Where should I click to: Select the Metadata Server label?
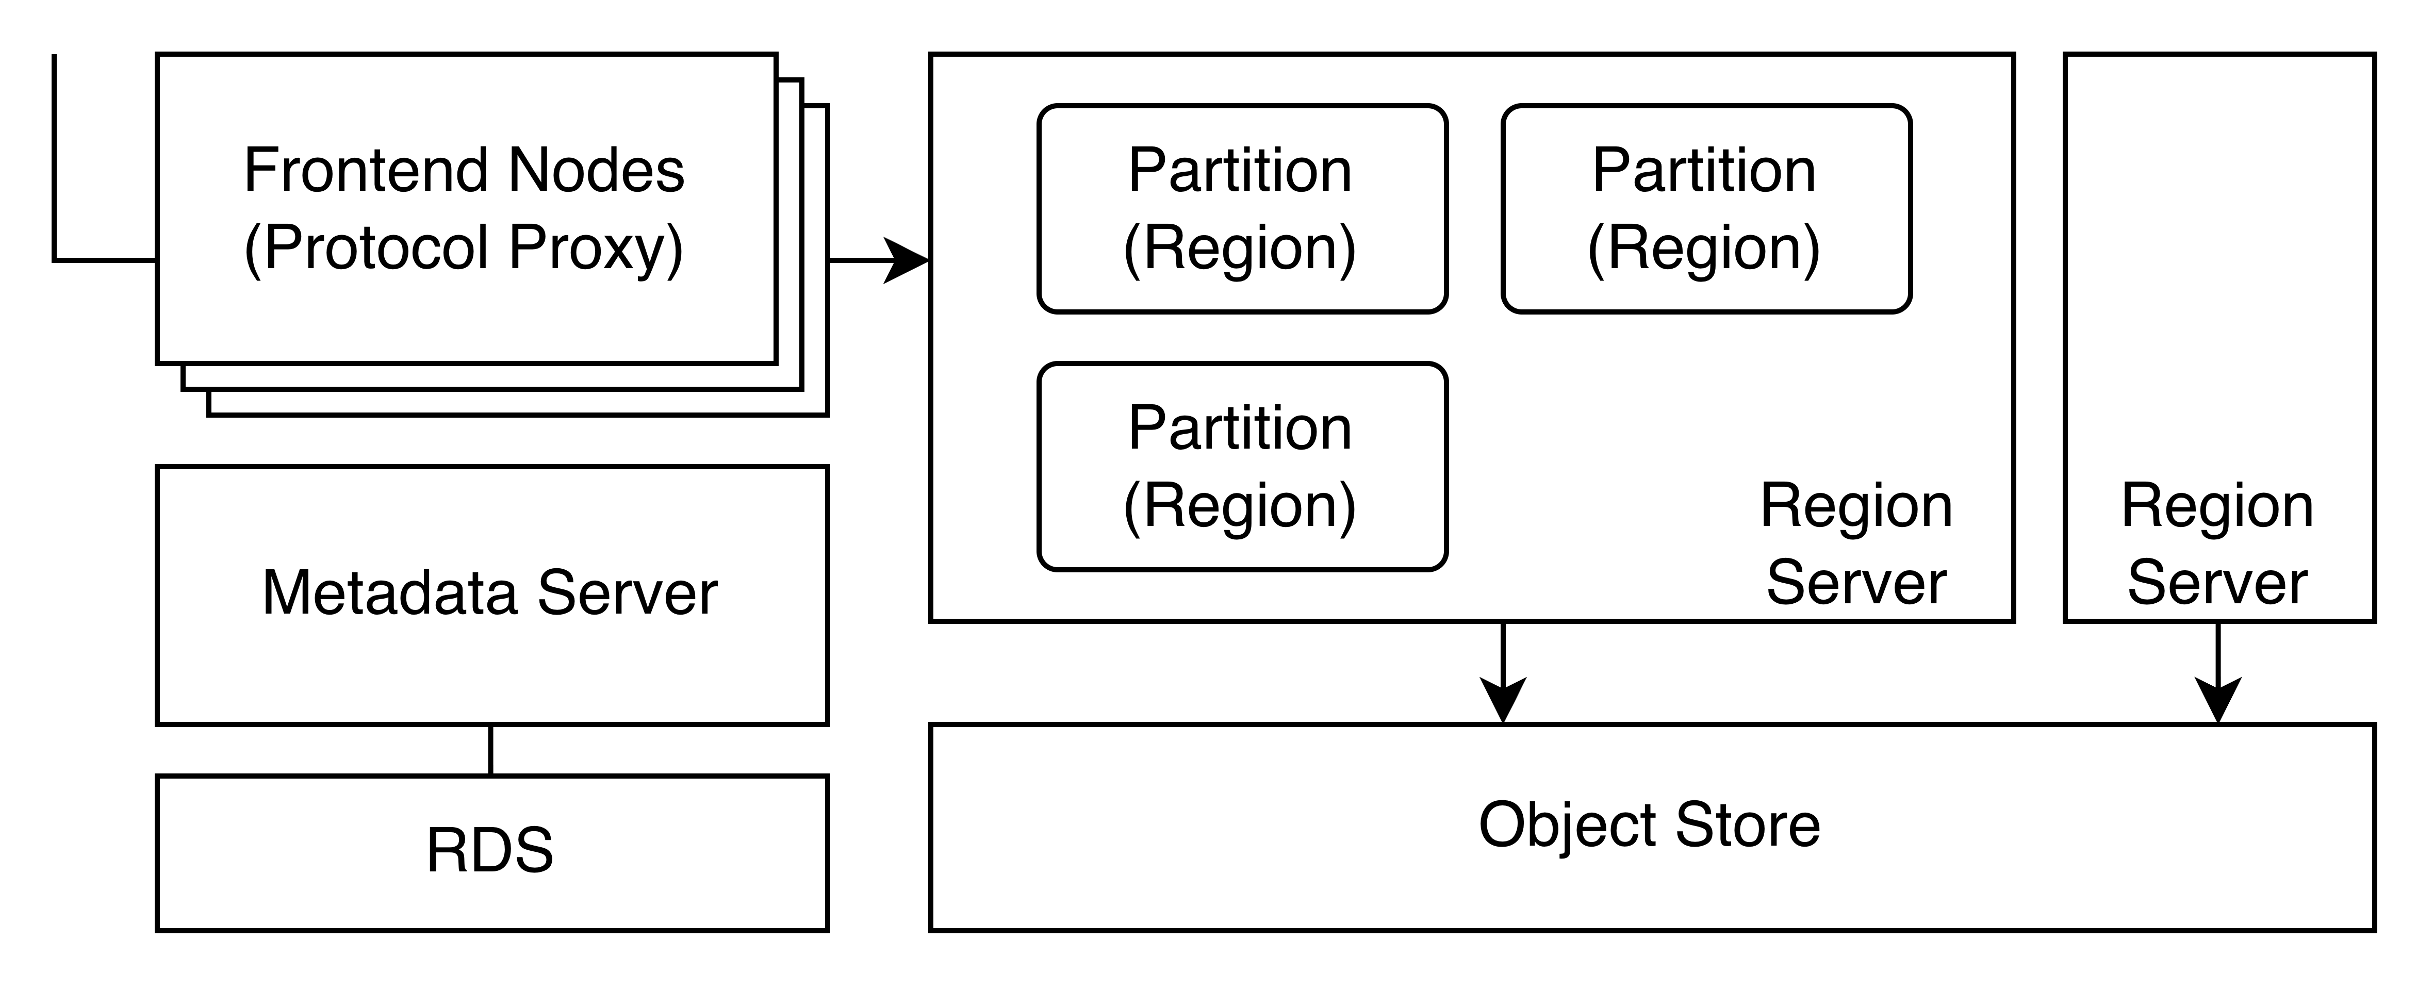[x=489, y=593]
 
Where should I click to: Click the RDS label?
[x=489, y=850]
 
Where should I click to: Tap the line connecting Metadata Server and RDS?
[x=490, y=750]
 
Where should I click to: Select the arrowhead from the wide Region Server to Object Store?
[x=1502, y=701]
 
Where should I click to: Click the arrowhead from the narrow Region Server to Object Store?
[x=2217, y=701]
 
